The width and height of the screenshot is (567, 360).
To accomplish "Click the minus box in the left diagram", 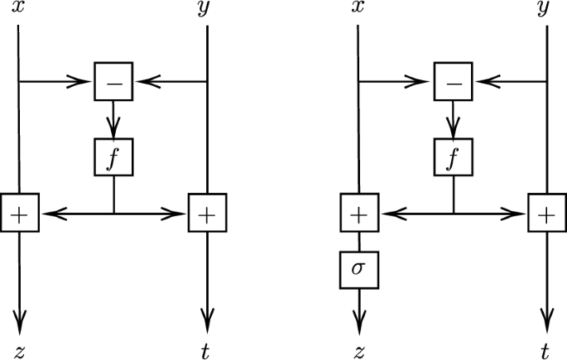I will click(113, 81).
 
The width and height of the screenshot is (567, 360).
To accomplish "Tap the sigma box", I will click(358, 271).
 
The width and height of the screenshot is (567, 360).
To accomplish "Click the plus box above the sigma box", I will click(358, 214).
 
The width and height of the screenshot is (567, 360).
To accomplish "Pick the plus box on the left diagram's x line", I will click(18, 214).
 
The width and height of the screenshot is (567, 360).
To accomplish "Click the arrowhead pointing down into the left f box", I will click(113, 127).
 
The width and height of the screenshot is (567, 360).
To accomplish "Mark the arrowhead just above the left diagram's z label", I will click(18, 319).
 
